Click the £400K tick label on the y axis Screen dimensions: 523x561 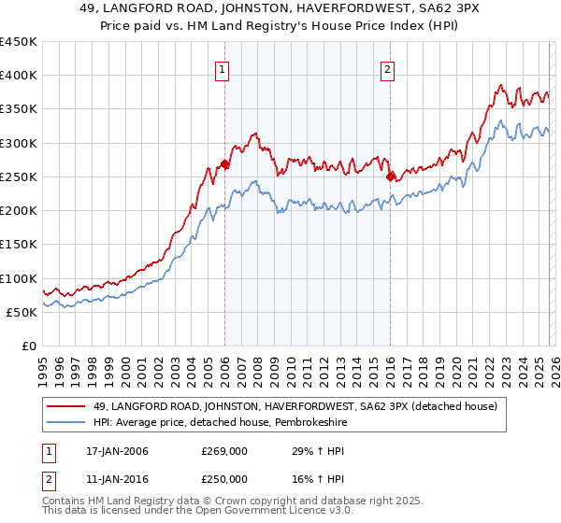tap(19, 76)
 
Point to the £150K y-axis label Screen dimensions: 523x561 tap(19, 244)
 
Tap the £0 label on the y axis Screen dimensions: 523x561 tap(28, 346)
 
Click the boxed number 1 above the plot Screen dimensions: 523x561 tap(223, 68)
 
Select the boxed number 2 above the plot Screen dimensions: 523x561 tap(387, 68)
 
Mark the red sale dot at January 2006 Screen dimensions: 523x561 tap(225, 164)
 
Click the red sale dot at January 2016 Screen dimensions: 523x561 tap(390, 176)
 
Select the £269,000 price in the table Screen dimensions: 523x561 tap(224, 451)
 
